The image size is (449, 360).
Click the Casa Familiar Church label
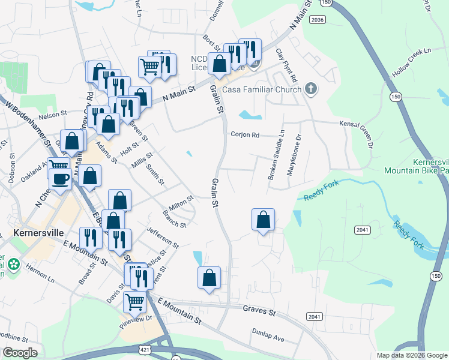pos(262,90)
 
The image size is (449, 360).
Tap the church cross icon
pos(310,89)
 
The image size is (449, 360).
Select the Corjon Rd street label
pos(245,134)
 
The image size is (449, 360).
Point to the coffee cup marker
pos(60,179)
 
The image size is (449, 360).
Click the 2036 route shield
pos(318,20)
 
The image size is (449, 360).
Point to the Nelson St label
pos(53,114)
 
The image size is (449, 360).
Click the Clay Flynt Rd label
pos(286,66)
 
